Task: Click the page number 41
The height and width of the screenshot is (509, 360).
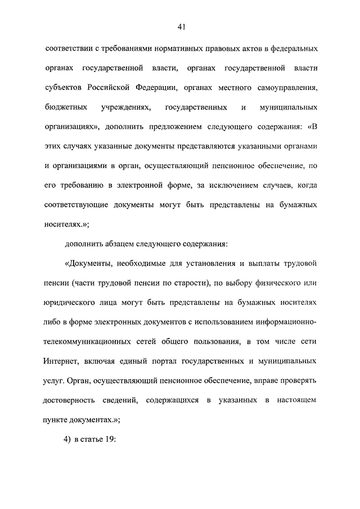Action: pos(181,26)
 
